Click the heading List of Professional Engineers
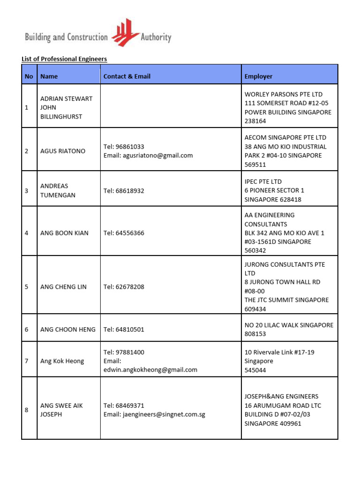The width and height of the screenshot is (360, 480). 64,59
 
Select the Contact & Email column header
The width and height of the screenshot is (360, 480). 127,76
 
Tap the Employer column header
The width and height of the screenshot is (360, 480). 258,76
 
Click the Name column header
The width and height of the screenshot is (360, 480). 49,76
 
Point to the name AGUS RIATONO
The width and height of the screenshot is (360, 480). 62,151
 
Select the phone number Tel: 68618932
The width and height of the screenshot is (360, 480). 124,191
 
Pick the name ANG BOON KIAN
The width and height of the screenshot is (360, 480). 64,233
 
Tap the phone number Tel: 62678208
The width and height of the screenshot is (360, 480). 124,287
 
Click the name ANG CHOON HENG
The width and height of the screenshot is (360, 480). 68,330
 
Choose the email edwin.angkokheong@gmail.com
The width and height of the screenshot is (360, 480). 150,370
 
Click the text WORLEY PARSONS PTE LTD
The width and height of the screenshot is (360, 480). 284,94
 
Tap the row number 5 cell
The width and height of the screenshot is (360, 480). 27,287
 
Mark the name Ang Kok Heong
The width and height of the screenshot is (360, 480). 62,361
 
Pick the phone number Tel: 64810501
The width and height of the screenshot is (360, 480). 124,330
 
